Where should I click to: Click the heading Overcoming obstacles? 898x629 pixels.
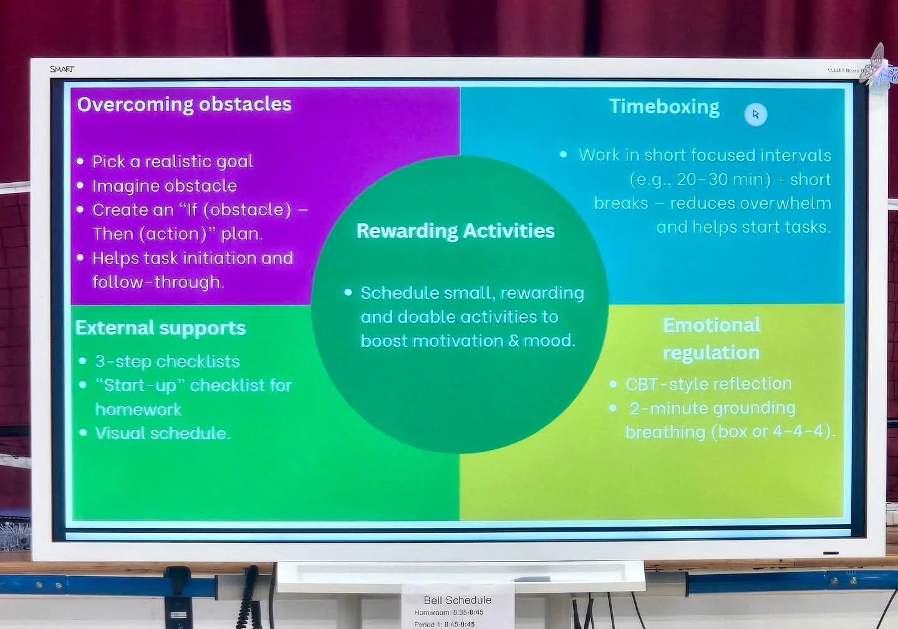184,104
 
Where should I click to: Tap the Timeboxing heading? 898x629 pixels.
664,107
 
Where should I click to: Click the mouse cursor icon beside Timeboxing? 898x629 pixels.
756,114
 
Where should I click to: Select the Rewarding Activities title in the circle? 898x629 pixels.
455,231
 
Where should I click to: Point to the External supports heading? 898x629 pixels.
160,328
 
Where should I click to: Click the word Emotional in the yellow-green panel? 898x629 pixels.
712,325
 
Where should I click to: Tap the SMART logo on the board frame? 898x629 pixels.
62,69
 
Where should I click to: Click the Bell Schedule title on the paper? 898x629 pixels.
457,600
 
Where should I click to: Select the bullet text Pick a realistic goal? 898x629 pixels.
173,162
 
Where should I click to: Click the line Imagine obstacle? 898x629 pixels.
165,186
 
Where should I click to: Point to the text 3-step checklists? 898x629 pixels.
167,361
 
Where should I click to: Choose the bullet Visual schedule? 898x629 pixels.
162,433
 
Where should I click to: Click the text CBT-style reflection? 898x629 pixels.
708,384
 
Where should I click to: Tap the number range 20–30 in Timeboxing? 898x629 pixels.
702,180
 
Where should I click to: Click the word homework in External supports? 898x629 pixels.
138,409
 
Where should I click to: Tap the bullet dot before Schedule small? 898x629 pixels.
348,292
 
